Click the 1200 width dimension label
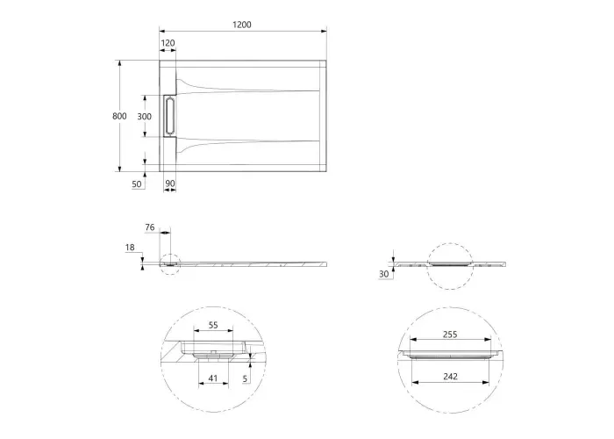(x=242, y=25)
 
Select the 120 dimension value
(x=168, y=43)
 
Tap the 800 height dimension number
(x=119, y=116)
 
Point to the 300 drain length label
(x=144, y=117)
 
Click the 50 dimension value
(x=137, y=184)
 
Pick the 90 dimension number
(x=170, y=184)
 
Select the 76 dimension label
(x=150, y=227)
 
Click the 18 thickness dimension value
(x=130, y=248)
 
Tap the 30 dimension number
(x=384, y=274)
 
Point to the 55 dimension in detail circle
(x=213, y=325)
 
